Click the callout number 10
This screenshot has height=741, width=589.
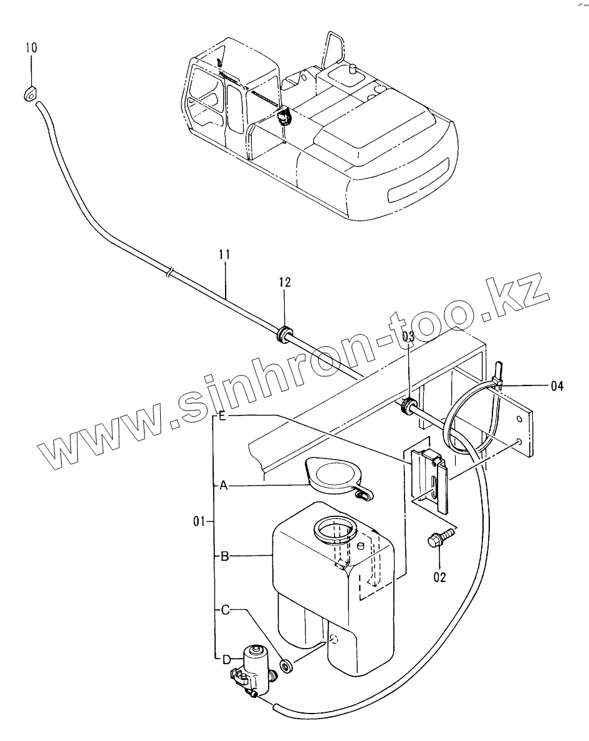coord(31,48)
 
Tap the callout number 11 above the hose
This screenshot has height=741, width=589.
coord(225,254)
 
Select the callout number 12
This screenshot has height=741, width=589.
coord(285,283)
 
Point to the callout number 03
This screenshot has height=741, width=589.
coord(408,337)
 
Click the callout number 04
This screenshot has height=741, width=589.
coord(557,386)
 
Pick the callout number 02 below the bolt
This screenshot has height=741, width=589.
coord(440,577)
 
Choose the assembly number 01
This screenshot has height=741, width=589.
coord(199,521)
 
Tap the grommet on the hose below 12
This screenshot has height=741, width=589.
coord(284,334)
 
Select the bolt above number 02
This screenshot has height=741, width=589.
coord(434,540)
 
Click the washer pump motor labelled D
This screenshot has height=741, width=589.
coord(254,670)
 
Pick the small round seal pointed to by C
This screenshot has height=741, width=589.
coord(287,667)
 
